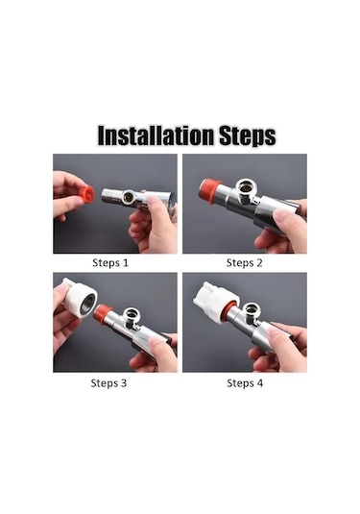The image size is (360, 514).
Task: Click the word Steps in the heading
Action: [x=248, y=135]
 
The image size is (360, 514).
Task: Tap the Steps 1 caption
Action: [x=110, y=263]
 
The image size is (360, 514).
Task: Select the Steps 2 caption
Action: [x=245, y=263]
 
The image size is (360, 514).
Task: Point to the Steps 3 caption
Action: [x=108, y=383]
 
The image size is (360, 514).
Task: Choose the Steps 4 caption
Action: [x=245, y=383]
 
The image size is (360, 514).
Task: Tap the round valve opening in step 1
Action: [x=129, y=197]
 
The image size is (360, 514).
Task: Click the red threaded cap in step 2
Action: [x=208, y=191]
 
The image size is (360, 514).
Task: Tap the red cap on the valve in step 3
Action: [x=103, y=313]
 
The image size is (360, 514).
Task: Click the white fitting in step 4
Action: [x=214, y=300]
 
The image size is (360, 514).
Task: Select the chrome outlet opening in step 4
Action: [x=252, y=309]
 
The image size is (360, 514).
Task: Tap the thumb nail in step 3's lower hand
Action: [x=154, y=342]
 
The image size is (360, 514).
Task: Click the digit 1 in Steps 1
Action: [x=126, y=263]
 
